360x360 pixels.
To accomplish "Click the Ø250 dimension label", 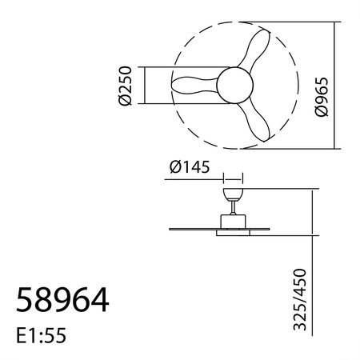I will [x=124, y=86].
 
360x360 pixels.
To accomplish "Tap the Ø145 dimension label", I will [x=190, y=168].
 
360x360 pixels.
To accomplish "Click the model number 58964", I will [x=62, y=301].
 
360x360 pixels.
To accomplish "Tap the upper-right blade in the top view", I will [x=260, y=48].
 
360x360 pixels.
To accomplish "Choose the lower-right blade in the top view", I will [x=260, y=122].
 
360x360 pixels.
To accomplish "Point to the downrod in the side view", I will [x=232, y=209].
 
